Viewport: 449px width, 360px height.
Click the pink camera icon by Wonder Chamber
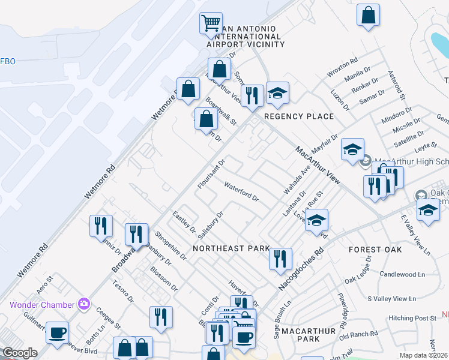click(83, 304)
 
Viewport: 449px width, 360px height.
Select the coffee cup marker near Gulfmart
click(57, 332)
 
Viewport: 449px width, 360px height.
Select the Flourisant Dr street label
click(211, 174)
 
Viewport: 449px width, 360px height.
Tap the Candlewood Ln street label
click(402, 274)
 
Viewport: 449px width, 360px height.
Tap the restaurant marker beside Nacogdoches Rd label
click(280, 259)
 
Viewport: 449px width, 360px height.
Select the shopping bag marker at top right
click(368, 16)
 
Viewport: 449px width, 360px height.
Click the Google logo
click(20, 353)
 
